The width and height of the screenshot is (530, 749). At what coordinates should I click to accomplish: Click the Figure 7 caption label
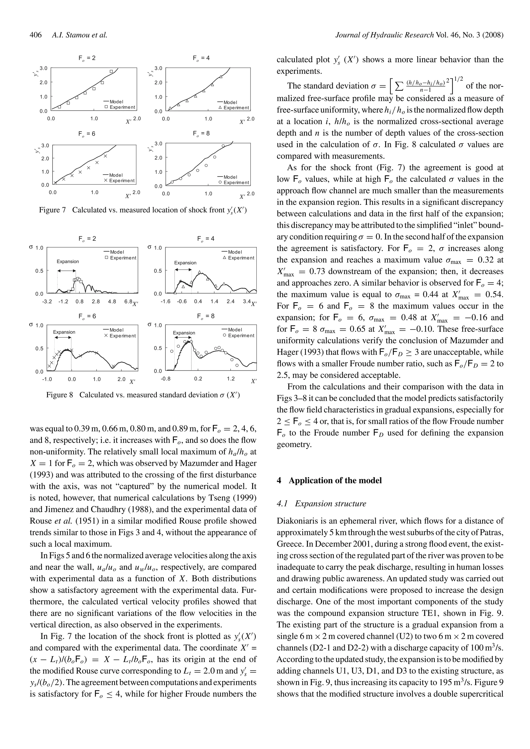pyautogui.click(x=52, y=210)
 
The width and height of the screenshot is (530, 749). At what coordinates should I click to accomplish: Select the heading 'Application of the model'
pyautogui.click(x=335, y=480)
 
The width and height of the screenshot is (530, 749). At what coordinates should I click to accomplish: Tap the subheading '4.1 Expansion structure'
pyautogui.click(x=321, y=504)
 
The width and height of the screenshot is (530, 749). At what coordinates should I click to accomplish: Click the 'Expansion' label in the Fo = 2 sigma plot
pyautogui.click(x=68, y=262)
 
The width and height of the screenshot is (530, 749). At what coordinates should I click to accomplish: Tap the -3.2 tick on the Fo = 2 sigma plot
pyautogui.click(x=47, y=301)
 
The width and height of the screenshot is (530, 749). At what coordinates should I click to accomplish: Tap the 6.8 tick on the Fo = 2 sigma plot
pyautogui.click(x=128, y=301)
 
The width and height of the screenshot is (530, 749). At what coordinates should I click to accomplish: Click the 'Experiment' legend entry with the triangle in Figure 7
pyautogui.click(x=234, y=108)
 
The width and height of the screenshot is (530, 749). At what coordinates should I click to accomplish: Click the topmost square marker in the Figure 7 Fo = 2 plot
pyautogui.click(x=111, y=71)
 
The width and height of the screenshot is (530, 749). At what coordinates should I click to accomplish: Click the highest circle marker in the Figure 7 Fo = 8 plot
pyautogui.click(x=223, y=146)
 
